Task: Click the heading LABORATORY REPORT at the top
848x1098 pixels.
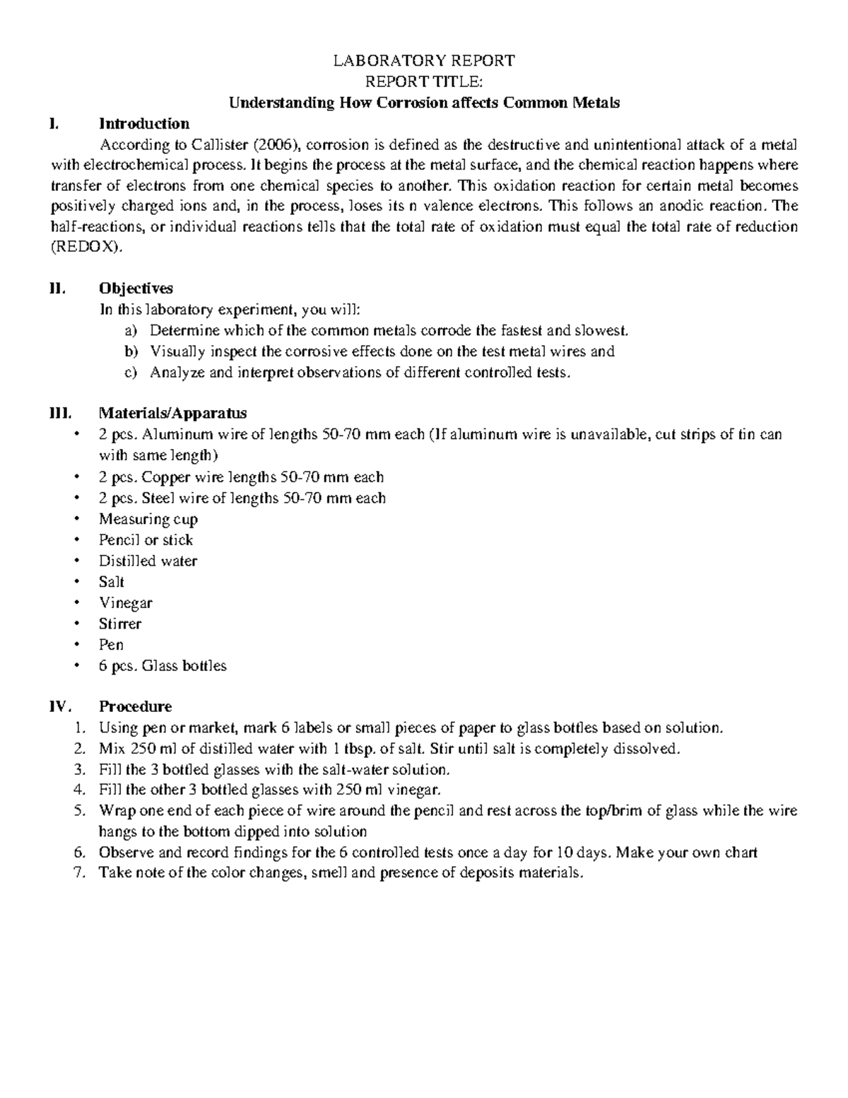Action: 424,61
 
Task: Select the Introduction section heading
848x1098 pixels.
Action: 144,124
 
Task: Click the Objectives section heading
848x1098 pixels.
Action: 136,288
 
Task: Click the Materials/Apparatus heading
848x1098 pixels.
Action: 172,413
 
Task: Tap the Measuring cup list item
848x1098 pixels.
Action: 148,519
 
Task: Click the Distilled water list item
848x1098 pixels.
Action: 148,561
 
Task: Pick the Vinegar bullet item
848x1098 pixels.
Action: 126,603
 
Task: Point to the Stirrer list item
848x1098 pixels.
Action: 120,624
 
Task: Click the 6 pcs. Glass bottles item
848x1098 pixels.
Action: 163,666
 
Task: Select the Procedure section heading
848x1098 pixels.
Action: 135,707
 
